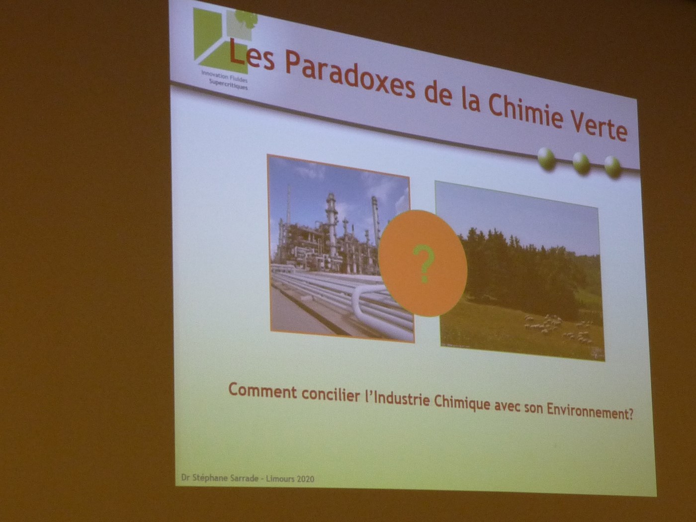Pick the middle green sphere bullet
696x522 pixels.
pyautogui.click(x=581, y=164)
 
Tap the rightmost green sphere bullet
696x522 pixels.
pyautogui.click(x=612, y=168)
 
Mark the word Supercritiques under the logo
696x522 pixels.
pyautogui.click(x=228, y=85)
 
